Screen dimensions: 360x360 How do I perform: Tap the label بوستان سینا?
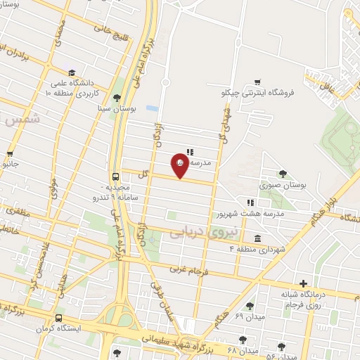pos(117,110)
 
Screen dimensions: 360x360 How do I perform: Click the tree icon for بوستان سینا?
pos(117,98)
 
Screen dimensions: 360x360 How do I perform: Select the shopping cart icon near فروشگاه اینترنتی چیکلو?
pos(258,81)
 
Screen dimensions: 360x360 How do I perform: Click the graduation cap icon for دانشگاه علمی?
pos(72,73)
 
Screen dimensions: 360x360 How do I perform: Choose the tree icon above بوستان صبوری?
pos(283,174)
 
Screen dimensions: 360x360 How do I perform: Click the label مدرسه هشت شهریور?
pos(258,213)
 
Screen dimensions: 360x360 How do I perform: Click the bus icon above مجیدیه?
pos(115,177)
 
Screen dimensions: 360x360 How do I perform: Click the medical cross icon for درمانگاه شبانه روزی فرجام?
pos(302,282)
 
